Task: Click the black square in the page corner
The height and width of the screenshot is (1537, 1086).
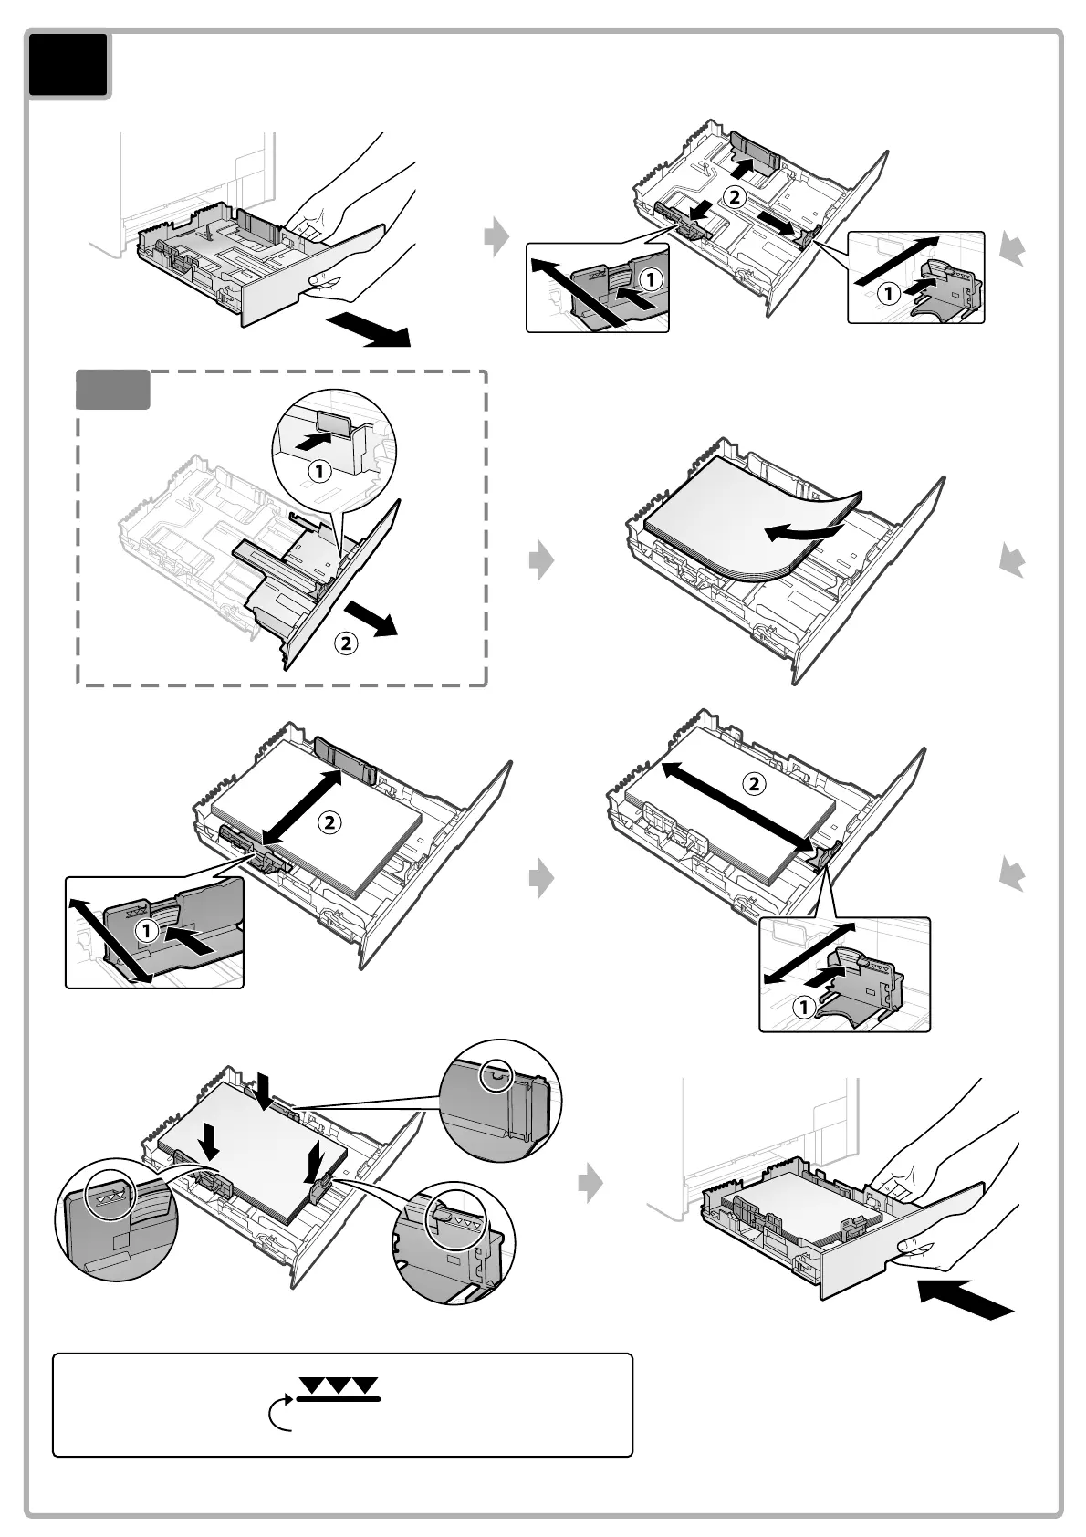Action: point(68,65)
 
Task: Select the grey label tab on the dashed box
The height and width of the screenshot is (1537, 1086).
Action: point(112,390)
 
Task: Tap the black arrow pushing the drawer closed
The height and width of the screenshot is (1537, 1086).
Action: point(966,1297)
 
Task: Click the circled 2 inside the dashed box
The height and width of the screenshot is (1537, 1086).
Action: point(345,643)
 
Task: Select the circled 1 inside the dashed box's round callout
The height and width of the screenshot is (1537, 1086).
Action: point(318,472)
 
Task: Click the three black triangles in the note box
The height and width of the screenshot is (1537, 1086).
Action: point(339,1385)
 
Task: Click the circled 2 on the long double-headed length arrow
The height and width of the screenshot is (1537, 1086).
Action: point(754,783)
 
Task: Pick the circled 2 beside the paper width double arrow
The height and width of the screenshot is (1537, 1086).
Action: point(329,822)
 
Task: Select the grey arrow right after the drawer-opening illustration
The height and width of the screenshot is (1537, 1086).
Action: point(496,237)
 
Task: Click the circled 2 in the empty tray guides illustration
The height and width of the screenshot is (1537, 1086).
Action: point(735,195)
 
